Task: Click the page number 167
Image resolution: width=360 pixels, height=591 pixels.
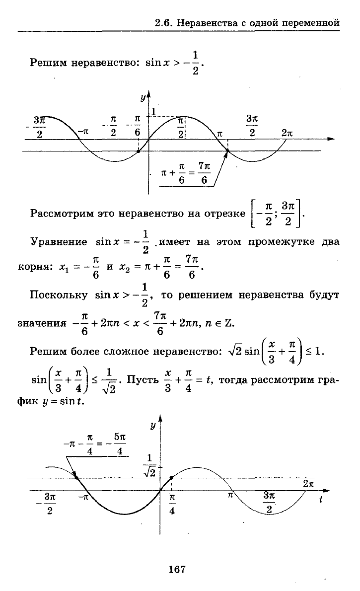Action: point(177,569)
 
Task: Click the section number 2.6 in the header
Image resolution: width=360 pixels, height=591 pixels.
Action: point(163,23)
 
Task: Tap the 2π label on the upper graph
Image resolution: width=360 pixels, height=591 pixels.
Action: point(287,133)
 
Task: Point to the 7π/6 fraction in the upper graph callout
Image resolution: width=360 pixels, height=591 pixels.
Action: point(204,173)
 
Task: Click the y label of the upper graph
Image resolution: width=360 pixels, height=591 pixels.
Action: point(143,98)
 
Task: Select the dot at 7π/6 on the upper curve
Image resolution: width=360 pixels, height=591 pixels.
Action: point(227,151)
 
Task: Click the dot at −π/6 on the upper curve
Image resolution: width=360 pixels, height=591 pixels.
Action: point(139,151)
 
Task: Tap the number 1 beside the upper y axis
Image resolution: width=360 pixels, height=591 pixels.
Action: point(153,112)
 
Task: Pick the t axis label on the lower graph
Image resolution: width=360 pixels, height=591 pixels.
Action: point(321,500)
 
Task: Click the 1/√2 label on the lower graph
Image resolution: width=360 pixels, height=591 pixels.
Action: point(149,465)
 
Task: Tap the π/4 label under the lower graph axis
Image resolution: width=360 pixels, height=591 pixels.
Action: point(172,504)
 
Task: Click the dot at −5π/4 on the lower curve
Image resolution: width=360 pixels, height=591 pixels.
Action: point(76,478)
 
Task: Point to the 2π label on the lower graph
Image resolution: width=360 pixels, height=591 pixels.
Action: point(308,484)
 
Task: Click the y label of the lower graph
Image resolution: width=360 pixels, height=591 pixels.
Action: point(152,426)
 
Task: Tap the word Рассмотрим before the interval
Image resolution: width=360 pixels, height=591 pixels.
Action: point(62,214)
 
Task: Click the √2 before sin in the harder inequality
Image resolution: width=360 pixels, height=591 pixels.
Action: point(235,351)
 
